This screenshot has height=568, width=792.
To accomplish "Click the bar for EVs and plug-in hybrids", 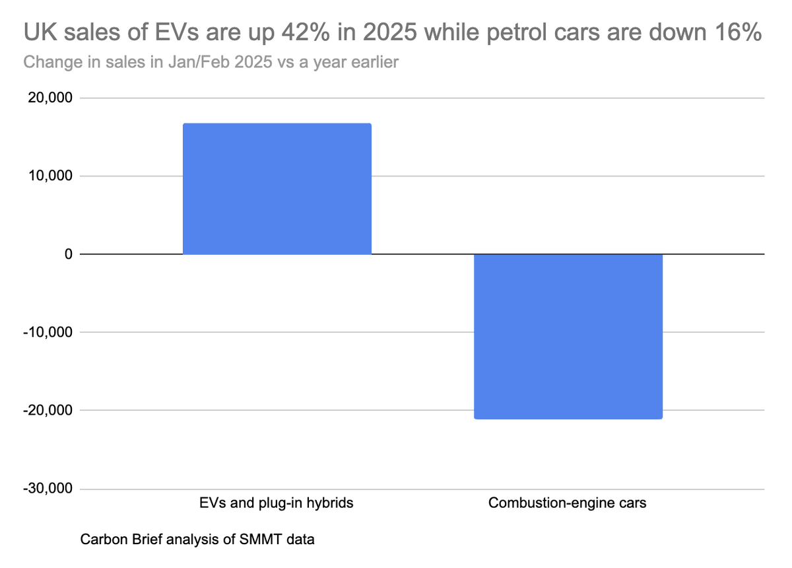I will [x=277, y=189].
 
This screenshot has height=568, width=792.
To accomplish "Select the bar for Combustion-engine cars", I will [x=568, y=336].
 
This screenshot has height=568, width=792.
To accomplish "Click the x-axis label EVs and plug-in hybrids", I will [x=277, y=503].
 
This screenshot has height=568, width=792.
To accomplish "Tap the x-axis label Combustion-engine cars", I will [x=568, y=503].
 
